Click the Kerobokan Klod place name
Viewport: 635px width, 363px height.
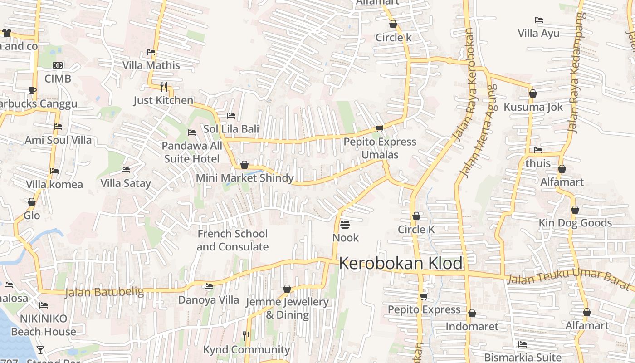click(x=401, y=263)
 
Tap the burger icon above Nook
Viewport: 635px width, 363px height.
click(x=345, y=224)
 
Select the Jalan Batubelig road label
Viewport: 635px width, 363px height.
click(x=104, y=292)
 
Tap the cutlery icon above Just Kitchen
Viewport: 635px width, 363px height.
click(x=164, y=86)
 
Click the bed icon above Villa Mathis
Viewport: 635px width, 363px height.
click(x=151, y=52)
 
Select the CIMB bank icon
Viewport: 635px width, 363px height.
click(x=58, y=65)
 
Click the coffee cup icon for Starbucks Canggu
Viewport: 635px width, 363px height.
click(x=32, y=90)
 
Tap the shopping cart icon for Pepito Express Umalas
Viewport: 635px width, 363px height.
click(x=380, y=128)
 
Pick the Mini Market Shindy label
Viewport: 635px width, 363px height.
click(x=245, y=178)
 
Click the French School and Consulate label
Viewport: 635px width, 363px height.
click(x=233, y=240)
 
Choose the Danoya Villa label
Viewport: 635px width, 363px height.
click(x=208, y=300)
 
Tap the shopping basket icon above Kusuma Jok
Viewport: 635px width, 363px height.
click(x=533, y=93)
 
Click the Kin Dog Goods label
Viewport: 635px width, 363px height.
click(x=575, y=223)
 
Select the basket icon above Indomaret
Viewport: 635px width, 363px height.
click(x=472, y=313)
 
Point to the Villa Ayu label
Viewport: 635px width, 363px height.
click(x=539, y=33)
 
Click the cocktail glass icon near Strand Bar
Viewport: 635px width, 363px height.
click(x=40, y=350)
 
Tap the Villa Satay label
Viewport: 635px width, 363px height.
click(x=126, y=183)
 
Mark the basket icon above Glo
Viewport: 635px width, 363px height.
click(x=32, y=202)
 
